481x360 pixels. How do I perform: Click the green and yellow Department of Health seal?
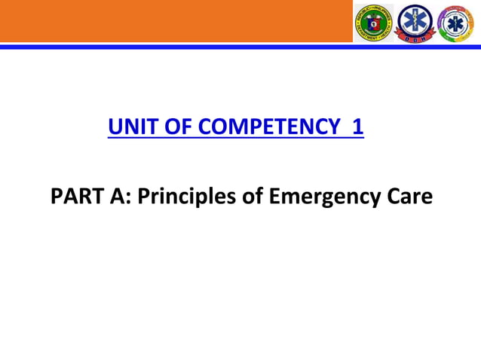(x=375, y=23)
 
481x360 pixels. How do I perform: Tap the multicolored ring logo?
(x=456, y=23)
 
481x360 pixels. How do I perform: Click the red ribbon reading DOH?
(x=416, y=38)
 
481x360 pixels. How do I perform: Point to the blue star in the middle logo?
(x=416, y=20)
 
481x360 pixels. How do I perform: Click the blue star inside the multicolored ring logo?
(x=456, y=23)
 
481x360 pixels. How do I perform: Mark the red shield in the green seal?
(x=375, y=23)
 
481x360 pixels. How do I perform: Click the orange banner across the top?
(x=173, y=21)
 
